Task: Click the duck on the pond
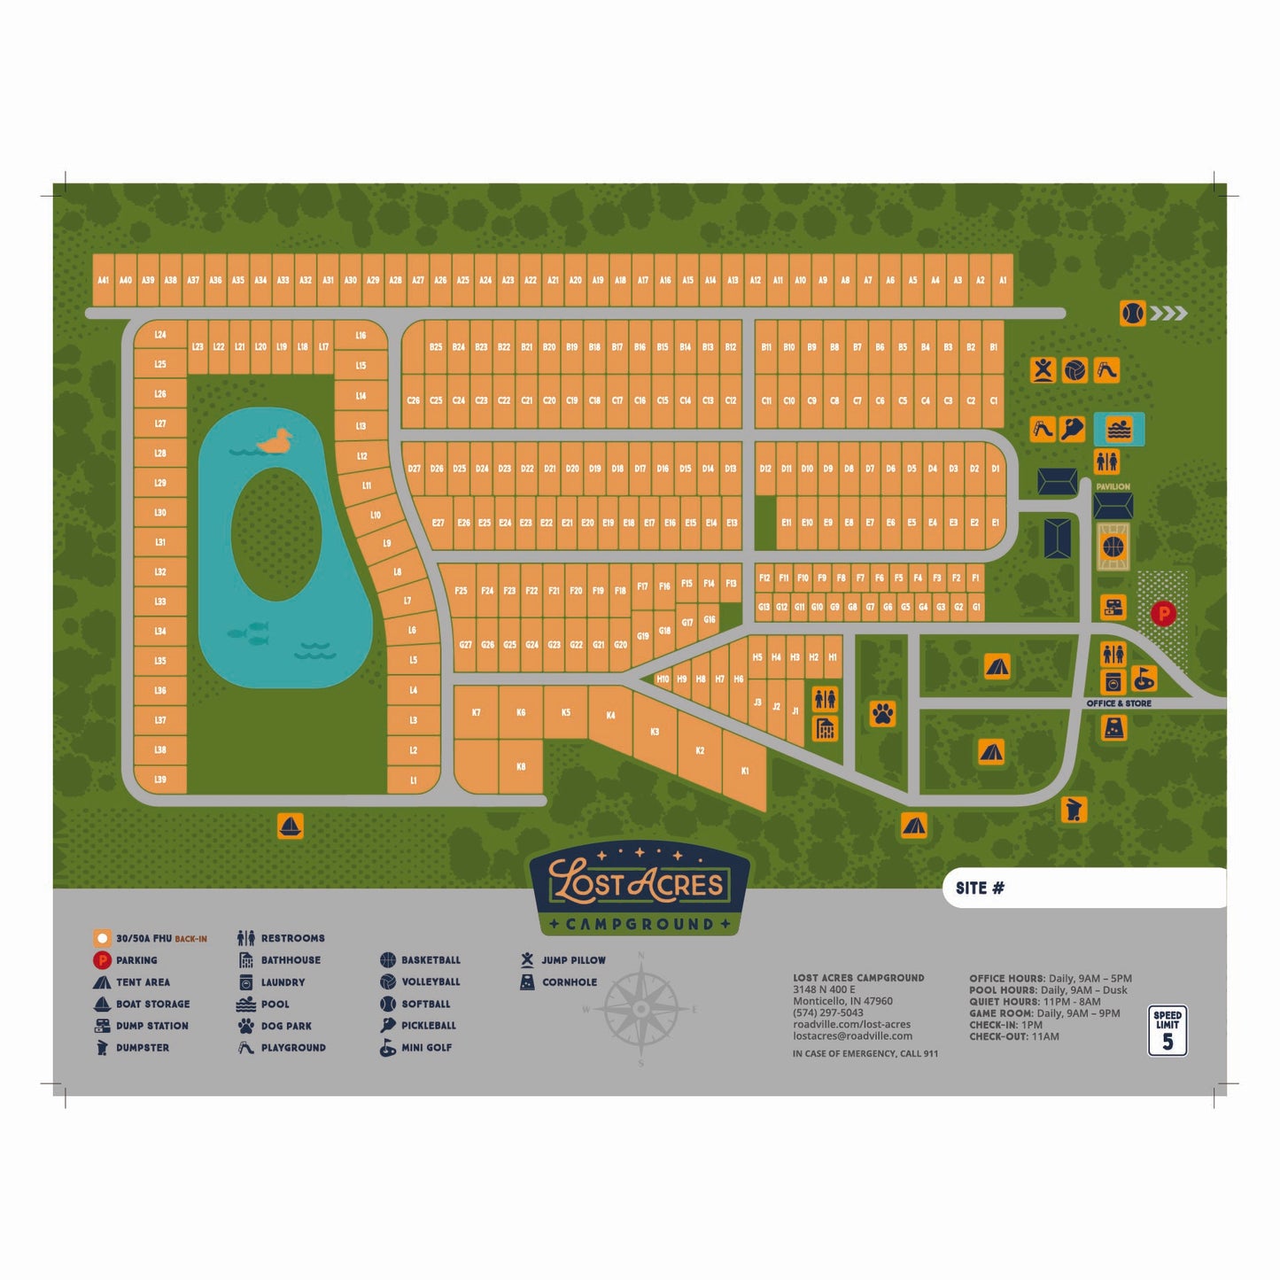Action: point(275,441)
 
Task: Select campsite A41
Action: point(104,280)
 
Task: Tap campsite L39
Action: point(160,780)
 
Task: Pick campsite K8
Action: point(521,766)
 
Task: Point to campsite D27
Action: point(414,469)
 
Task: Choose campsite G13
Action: point(764,608)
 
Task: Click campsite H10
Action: point(663,679)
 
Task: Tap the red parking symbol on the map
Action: point(1163,613)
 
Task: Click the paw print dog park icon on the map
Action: point(882,713)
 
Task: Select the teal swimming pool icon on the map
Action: point(1119,430)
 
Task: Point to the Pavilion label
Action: point(1113,486)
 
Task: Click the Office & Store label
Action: point(1119,703)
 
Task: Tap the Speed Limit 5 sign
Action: point(1168,1030)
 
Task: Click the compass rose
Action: point(640,1008)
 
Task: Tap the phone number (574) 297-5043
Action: point(827,1012)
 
